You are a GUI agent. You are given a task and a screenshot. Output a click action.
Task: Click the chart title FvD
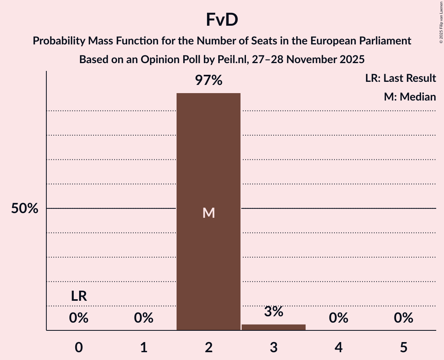click(x=222, y=20)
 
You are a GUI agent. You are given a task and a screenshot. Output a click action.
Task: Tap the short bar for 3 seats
click(x=274, y=327)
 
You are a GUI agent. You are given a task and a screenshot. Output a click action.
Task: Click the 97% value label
click(x=209, y=81)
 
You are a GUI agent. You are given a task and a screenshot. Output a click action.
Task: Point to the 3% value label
click(x=274, y=312)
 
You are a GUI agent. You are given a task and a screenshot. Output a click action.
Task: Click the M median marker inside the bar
click(x=209, y=213)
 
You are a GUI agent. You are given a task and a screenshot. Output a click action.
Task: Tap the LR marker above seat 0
click(x=79, y=296)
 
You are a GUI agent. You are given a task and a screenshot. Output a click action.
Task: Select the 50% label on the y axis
click(x=25, y=208)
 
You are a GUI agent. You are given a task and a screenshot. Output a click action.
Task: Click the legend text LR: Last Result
click(x=400, y=78)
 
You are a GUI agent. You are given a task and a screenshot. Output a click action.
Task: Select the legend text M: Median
click(x=410, y=97)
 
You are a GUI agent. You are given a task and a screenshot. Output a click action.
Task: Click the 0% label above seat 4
click(x=338, y=318)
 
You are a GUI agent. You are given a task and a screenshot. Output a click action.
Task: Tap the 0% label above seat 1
click(x=144, y=318)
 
